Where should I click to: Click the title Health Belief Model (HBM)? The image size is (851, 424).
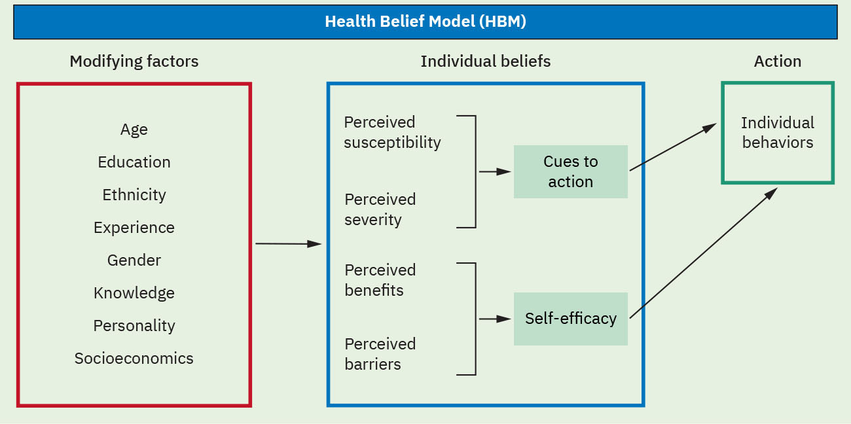[x=425, y=22]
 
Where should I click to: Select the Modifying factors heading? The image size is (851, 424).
[x=134, y=62]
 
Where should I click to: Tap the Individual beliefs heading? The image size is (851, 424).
[x=485, y=62]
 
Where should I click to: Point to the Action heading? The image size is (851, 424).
[x=777, y=62]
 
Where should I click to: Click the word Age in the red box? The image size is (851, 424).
[x=134, y=130]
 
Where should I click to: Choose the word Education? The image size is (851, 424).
[x=134, y=162]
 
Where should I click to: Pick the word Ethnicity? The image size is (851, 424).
[x=134, y=195]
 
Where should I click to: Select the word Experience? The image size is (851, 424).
[x=134, y=228]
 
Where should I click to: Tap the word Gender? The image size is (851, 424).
[x=134, y=260]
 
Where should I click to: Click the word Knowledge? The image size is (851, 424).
[x=134, y=293]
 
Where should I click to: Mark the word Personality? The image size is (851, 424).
[x=134, y=326]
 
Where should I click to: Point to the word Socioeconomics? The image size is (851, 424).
[x=134, y=359]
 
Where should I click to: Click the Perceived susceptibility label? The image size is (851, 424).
[x=392, y=132]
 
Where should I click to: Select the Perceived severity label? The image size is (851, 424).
[x=380, y=209]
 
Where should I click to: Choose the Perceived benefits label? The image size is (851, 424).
[x=380, y=280]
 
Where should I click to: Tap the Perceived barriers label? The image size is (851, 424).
[x=380, y=354]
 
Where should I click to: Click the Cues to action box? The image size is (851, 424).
[x=570, y=171]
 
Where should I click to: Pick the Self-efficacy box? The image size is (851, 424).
[x=570, y=319]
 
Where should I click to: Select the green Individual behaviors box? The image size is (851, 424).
[x=777, y=133]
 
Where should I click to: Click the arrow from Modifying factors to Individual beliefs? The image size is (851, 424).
[x=288, y=243]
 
